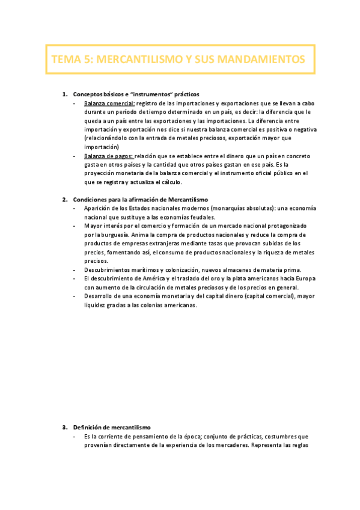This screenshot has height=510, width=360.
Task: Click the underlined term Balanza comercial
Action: (109, 103)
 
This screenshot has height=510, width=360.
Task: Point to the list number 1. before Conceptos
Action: (66, 94)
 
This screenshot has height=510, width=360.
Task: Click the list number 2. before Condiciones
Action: (66, 199)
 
